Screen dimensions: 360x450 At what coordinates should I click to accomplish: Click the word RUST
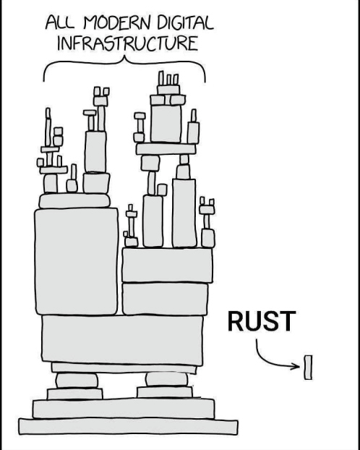click(262, 320)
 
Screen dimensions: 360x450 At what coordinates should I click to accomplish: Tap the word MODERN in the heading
click(117, 22)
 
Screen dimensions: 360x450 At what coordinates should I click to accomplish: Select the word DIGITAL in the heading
click(185, 22)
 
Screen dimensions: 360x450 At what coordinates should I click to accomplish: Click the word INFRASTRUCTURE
click(128, 43)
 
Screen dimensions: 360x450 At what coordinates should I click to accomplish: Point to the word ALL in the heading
click(60, 22)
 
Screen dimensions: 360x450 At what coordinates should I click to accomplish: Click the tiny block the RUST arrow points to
click(308, 368)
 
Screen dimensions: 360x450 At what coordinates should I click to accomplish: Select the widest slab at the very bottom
click(128, 427)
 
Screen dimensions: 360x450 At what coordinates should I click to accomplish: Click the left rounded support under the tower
click(77, 381)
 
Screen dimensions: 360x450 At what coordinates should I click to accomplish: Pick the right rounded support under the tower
click(167, 380)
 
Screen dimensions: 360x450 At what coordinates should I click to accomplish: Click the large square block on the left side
click(77, 261)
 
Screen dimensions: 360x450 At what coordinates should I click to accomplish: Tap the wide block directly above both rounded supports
click(124, 368)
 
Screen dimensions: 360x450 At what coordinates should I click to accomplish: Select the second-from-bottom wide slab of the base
click(124, 408)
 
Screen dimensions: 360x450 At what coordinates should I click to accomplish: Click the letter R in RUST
click(236, 320)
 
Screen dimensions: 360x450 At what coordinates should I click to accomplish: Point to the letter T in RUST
click(288, 320)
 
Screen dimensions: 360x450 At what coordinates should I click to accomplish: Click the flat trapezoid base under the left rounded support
click(75, 394)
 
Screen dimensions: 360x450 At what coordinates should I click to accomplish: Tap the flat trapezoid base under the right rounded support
click(165, 392)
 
